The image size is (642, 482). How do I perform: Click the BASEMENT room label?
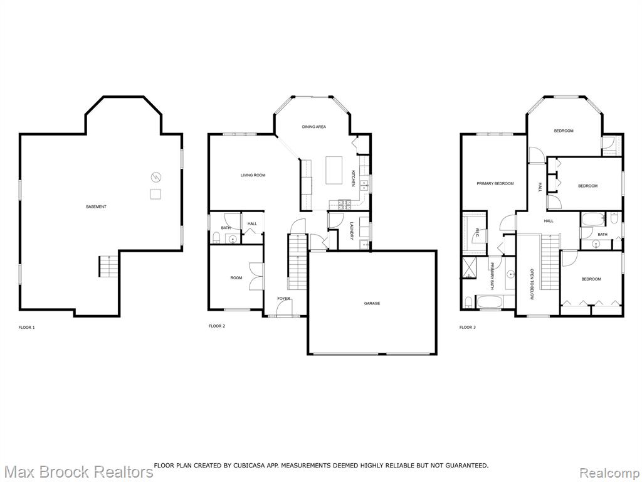click(96, 206)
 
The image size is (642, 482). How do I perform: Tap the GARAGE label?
click(372, 303)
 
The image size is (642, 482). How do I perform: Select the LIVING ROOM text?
click(253, 175)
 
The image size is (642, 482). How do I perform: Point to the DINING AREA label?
click(314, 127)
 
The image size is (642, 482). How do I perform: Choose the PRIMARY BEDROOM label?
click(495, 184)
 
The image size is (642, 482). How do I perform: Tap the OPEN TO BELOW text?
click(532, 284)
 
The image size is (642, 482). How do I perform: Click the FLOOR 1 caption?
click(27, 328)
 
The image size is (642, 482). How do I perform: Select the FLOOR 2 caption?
click(217, 326)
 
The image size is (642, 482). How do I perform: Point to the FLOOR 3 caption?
click(468, 328)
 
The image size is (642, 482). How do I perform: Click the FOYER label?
click(284, 299)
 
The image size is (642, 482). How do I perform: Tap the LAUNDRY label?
click(352, 231)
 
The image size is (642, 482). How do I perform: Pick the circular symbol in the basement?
click(156, 177)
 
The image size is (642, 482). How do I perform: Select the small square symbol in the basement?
click(155, 194)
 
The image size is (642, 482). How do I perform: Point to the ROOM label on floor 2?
click(236, 278)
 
